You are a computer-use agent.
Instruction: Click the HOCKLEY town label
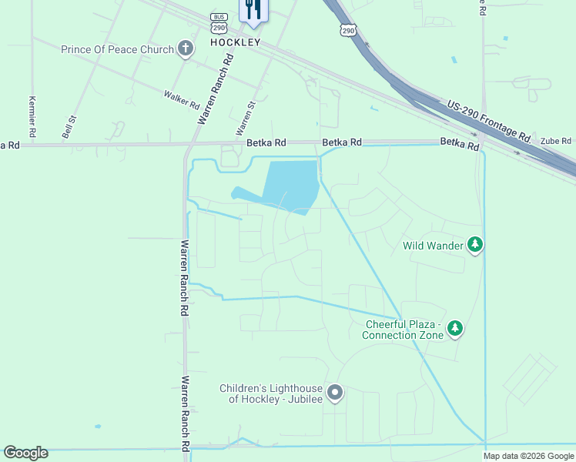236,42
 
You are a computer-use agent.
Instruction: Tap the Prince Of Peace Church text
118,50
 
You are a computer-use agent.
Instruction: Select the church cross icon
185,50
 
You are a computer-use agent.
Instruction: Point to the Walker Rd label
182,99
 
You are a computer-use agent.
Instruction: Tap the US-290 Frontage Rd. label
490,120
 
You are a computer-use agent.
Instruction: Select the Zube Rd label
555,141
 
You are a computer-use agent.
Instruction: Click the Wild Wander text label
433,246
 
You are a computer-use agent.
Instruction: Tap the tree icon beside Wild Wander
476,246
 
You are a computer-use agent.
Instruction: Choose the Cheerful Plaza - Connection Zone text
403,330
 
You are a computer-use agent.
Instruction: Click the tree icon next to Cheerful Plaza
455,329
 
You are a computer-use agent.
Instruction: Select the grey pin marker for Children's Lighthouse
335,393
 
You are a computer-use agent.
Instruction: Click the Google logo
25,453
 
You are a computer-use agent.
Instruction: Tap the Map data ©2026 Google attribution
528,456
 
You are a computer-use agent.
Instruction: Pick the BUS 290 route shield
219,22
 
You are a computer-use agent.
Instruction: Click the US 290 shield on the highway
348,30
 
